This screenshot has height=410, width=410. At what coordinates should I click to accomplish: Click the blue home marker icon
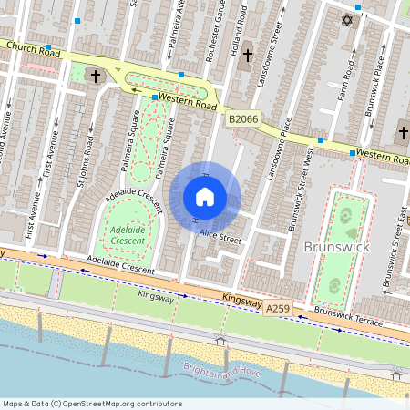tap(205, 197)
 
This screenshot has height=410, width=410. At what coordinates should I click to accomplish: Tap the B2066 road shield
tap(242, 119)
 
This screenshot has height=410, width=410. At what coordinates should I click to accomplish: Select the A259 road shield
tap(280, 310)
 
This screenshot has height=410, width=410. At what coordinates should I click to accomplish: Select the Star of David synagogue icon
tap(345, 19)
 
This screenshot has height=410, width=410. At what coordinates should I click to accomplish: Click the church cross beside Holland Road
tap(247, 56)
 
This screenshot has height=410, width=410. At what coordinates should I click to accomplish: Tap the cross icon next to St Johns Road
tap(94, 77)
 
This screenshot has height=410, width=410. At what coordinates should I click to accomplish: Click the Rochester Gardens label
tap(213, 32)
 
